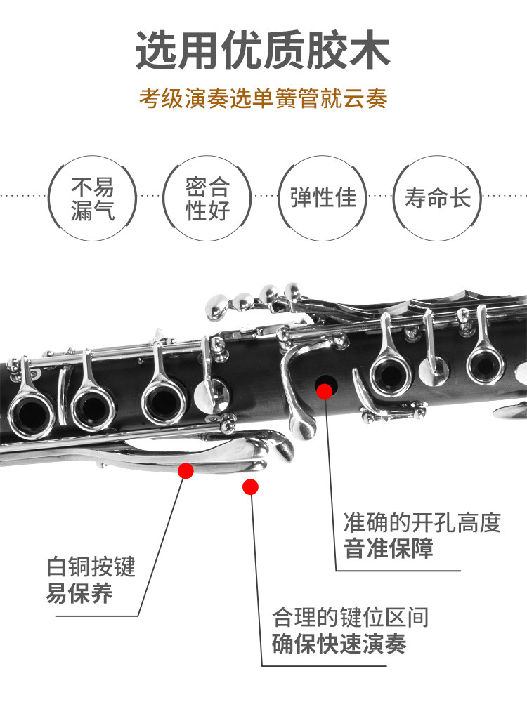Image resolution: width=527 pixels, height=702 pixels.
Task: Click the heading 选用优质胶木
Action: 263,50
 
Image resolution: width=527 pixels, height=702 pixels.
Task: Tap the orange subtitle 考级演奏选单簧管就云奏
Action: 263,98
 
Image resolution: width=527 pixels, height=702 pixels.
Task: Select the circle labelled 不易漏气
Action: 92,199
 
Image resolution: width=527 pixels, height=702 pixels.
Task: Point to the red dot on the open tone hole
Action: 325,391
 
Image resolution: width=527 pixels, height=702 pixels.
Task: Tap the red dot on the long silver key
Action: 186,470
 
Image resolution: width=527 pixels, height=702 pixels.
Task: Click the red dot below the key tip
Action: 250,486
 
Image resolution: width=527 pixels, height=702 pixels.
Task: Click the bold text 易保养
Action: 79,593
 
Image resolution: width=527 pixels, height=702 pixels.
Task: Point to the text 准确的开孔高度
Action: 422,522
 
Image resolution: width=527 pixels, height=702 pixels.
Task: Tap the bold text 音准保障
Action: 389,548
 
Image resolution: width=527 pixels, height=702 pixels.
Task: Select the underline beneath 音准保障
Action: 398,570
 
